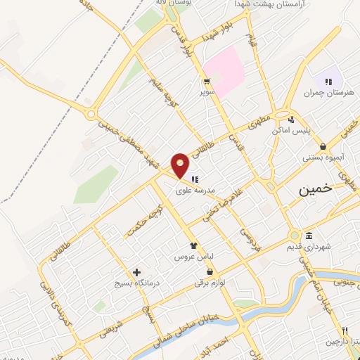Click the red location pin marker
point(181,166)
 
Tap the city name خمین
point(314,190)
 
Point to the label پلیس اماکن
point(288,131)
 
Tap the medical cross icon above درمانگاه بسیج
point(136,272)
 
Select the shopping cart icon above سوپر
point(207,81)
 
